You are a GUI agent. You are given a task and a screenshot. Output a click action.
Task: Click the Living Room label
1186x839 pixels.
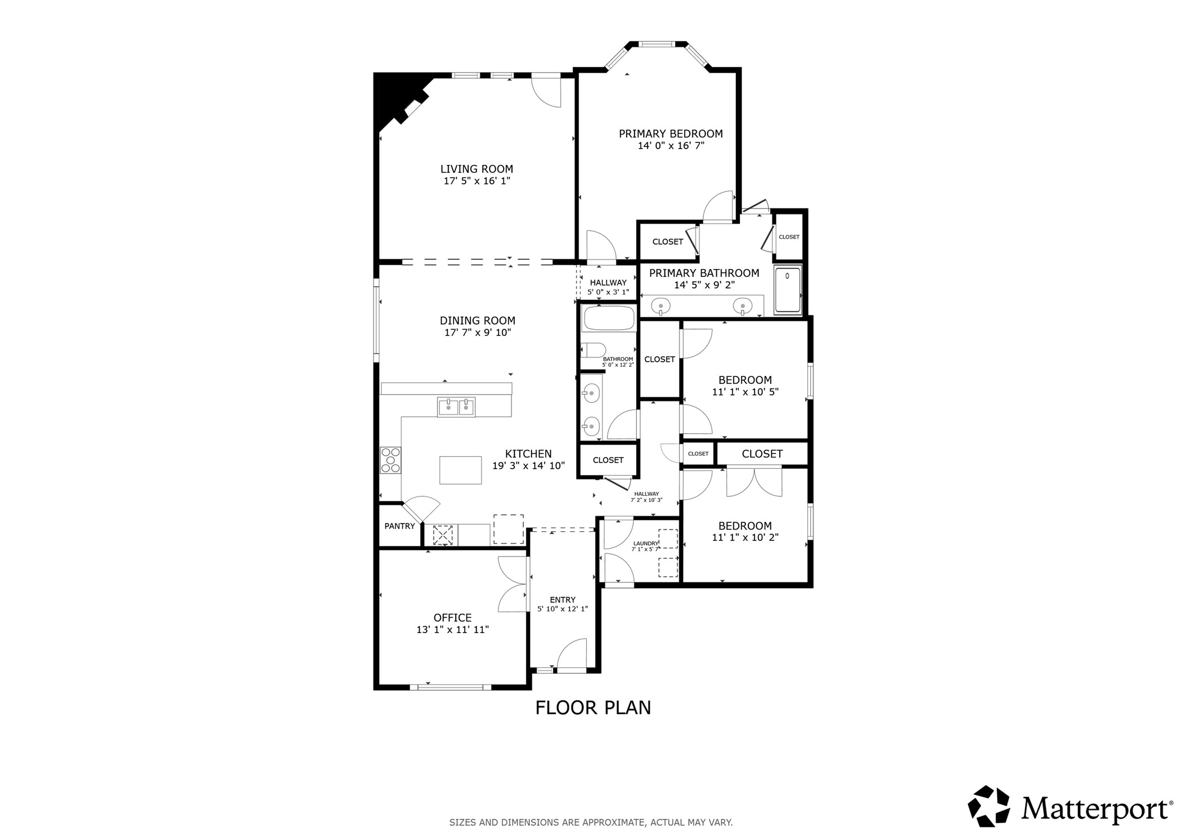click(476, 169)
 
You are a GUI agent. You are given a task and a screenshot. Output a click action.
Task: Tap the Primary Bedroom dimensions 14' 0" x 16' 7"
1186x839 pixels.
click(671, 146)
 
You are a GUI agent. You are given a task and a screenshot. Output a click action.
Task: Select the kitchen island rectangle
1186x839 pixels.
click(460, 470)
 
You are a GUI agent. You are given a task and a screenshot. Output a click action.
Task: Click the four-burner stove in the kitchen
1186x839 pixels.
click(390, 459)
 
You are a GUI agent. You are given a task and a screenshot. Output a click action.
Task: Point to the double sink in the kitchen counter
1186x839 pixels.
click(456, 406)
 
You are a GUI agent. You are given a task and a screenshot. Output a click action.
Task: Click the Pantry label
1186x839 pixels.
click(399, 526)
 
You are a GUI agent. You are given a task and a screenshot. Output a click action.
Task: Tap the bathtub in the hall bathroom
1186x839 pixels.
click(609, 318)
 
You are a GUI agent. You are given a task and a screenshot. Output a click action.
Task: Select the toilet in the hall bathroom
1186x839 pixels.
click(592, 350)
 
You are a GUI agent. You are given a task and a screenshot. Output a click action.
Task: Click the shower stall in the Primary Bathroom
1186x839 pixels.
click(788, 289)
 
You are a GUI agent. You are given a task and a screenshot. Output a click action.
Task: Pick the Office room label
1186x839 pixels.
click(452, 617)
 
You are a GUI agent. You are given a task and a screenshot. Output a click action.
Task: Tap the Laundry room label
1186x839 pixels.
click(645, 544)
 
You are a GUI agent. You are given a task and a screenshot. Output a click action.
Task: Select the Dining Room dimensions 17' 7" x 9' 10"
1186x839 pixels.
click(477, 333)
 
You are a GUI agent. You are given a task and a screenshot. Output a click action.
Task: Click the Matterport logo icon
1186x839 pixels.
click(989, 806)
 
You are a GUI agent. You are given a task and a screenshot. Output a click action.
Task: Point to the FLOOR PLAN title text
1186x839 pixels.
click(592, 707)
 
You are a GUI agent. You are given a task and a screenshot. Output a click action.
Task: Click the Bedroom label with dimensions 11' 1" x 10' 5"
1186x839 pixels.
click(745, 380)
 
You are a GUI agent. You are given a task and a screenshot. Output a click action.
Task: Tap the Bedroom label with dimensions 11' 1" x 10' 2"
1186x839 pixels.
click(745, 526)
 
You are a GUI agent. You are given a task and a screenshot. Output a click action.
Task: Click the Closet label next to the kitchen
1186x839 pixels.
click(608, 460)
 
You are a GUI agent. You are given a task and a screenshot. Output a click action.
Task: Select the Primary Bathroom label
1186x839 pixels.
click(704, 273)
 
